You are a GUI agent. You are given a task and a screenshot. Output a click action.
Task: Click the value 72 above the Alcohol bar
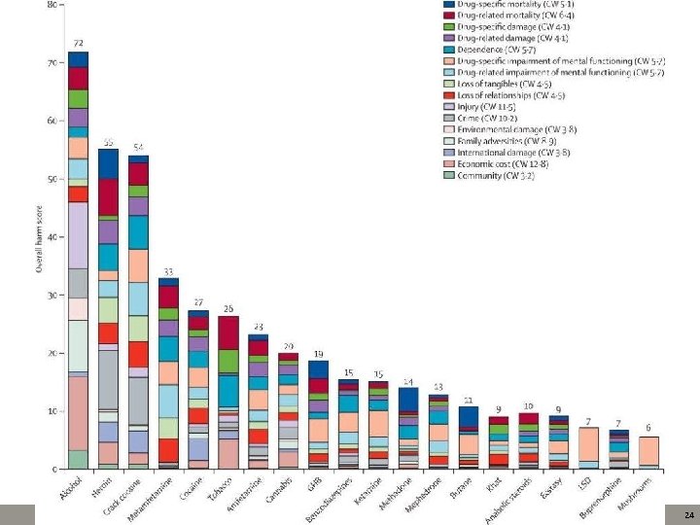click(79, 44)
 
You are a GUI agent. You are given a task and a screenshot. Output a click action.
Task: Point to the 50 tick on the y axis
click(52, 180)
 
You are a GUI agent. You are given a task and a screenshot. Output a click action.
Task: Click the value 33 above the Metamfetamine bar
click(168, 271)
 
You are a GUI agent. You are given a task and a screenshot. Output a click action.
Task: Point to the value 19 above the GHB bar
click(318, 354)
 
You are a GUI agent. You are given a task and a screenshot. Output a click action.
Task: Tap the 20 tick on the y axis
click(52, 354)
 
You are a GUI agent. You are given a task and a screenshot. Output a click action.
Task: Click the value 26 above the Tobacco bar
click(228, 309)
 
